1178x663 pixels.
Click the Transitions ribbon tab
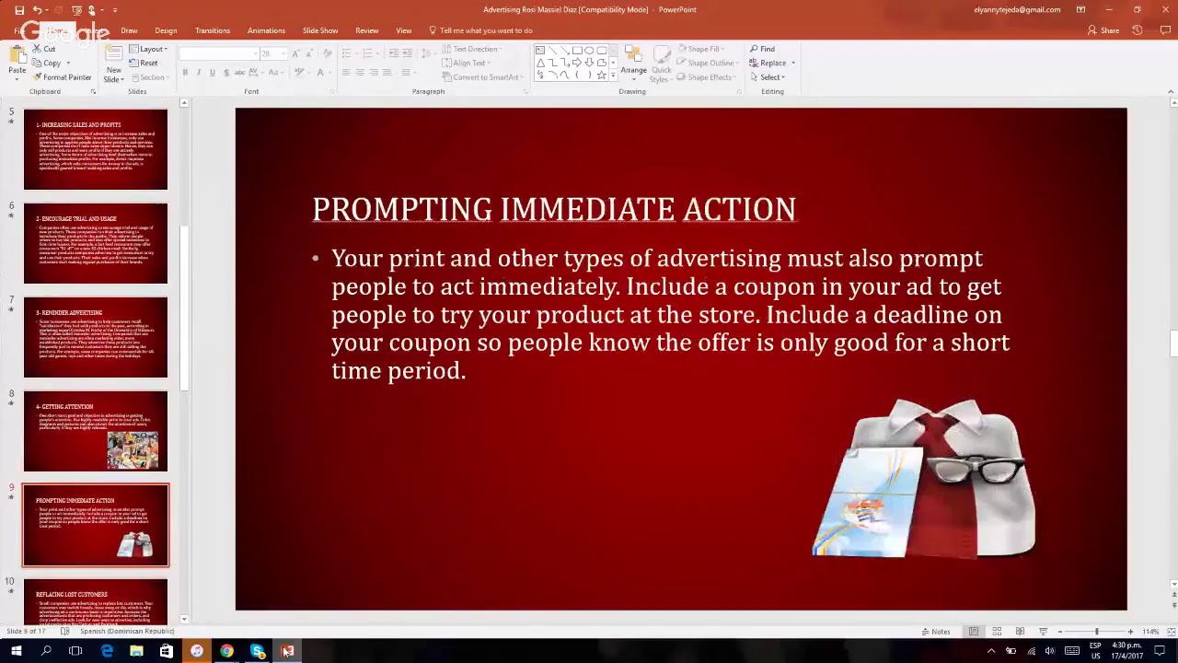tap(213, 30)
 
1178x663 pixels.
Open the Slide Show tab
tap(320, 30)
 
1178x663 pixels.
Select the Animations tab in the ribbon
tap(266, 30)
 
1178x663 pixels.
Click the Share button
tap(1103, 30)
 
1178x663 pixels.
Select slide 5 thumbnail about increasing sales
tap(96, 149)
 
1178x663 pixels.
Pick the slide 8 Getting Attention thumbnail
tap(96, 431)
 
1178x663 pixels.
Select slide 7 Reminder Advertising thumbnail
tap(96, 337)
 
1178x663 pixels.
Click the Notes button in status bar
tap(935, 632)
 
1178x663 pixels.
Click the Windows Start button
tap(16, 651)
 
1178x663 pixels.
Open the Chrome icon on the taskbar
tap(226, 651)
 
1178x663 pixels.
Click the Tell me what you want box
tap(485, 30)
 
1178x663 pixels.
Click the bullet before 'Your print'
tap(315, 259)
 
